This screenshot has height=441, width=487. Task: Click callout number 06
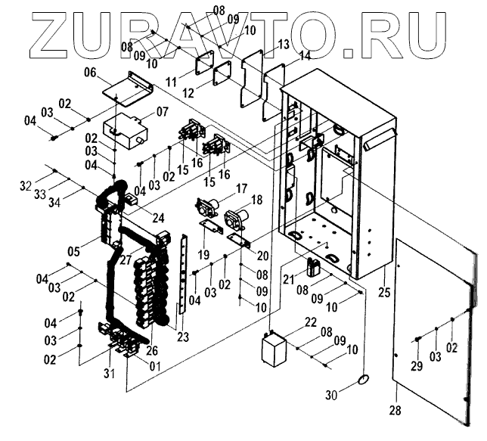tap(91, 73)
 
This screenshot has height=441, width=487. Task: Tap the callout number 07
tap(163, 112)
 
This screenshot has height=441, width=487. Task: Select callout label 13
tap(283, 45)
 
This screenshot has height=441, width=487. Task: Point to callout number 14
tap(304, 56)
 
